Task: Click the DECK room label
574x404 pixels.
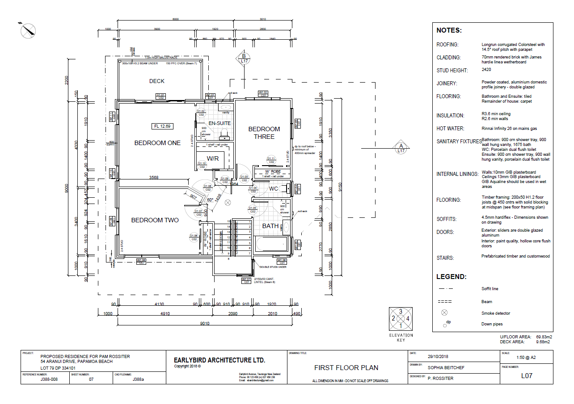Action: (156, 81)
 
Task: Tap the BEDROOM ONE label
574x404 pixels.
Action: (157, 143)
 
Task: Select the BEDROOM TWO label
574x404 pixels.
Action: (155, 220)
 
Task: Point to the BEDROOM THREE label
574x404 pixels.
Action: (264, 133)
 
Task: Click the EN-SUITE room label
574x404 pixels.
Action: (219, 123)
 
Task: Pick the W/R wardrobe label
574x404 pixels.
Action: (213, 158)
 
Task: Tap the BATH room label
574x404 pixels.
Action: (270, 226)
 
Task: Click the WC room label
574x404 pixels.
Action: (274, 189)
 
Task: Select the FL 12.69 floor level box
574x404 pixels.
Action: (162, 126)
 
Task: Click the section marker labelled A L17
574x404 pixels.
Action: (401, 148)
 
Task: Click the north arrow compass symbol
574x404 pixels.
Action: (28, 30)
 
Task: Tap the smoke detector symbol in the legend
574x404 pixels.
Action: (444, 313)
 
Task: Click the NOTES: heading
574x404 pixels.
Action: (449, 31)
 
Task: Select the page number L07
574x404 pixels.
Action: (527, 376)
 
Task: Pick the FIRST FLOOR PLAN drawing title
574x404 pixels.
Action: (346, 368)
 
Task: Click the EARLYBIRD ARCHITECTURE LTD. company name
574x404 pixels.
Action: (219, 360)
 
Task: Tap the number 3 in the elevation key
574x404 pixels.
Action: (401, 312)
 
